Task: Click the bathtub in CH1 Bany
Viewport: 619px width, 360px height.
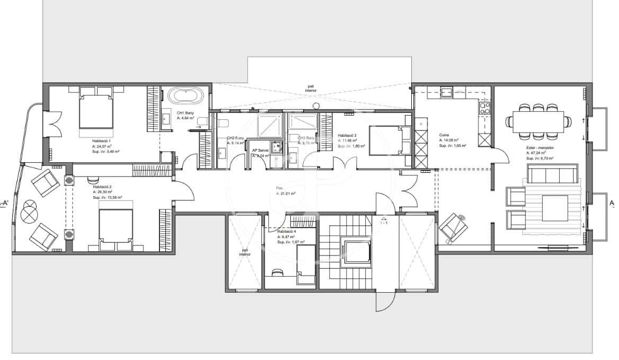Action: (185, 96)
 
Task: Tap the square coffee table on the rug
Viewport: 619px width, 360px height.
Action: (555, 208)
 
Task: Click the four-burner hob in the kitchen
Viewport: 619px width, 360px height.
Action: (485, 109)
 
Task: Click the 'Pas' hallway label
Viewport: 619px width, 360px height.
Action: (279, 188)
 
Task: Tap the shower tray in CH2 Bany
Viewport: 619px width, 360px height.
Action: (270, 127)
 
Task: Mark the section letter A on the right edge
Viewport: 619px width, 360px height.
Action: (612, 203)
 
